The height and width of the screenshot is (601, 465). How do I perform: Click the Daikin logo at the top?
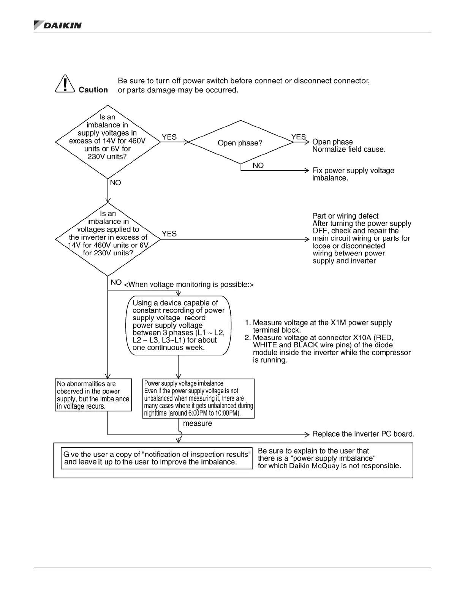58,25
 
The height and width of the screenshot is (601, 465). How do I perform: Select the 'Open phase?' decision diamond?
240,143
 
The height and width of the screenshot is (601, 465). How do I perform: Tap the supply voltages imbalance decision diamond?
108,141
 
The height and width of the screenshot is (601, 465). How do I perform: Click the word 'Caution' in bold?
93,90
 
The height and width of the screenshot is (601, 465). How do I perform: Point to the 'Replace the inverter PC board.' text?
363,434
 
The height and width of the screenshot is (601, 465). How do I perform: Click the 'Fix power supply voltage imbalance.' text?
353,174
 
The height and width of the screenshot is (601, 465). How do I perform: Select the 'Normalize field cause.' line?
349,149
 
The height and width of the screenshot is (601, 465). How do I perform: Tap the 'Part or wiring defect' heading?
345,216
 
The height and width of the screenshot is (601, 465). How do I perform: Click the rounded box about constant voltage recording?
179,325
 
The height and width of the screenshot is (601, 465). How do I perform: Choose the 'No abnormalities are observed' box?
93,395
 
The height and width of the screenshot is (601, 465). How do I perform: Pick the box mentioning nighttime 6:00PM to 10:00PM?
198,398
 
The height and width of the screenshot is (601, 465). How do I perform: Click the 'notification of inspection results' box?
157,458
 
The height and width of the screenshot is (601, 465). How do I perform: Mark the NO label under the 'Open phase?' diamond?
258,165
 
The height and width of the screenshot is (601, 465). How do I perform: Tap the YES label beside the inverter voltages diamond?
169,234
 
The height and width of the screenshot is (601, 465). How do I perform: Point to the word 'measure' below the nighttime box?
198,423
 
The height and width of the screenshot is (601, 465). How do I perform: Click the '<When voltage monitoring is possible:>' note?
189,285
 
